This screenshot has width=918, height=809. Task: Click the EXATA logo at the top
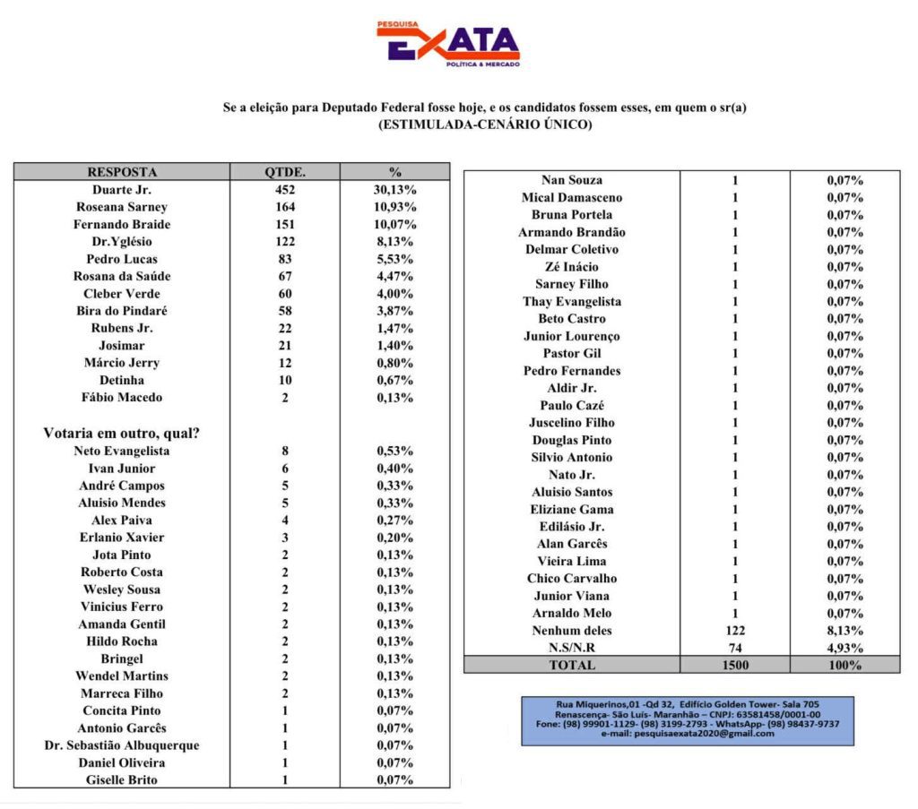(447, 43)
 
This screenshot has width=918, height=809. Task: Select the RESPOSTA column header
(122, 172)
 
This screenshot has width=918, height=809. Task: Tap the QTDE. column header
(285, 172)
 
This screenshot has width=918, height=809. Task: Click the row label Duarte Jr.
(122, 190)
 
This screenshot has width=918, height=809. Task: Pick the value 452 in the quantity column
(285, 190)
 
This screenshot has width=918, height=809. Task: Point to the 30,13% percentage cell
(395, 190)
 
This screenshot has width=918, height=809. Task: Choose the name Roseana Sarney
(122, 207)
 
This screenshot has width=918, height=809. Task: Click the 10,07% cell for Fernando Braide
(395, 224)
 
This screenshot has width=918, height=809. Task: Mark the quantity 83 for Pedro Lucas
(285, 259)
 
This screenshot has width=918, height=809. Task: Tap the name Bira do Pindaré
(122, 311)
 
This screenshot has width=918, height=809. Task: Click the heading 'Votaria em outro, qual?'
(122, 433)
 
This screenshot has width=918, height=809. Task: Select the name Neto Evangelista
(122, 451)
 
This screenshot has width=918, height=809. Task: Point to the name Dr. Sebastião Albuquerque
(122, 745)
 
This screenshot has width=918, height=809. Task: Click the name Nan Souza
(572, 180)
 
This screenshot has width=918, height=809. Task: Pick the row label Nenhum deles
(572, 631)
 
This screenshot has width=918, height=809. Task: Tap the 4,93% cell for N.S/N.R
(844, 648)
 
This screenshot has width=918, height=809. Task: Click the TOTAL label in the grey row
(572, 665)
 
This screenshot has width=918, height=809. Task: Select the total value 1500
(734, 665)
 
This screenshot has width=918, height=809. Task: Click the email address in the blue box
(688, 734)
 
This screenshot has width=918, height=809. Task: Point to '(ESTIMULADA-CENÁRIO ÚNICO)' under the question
(485, 125)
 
